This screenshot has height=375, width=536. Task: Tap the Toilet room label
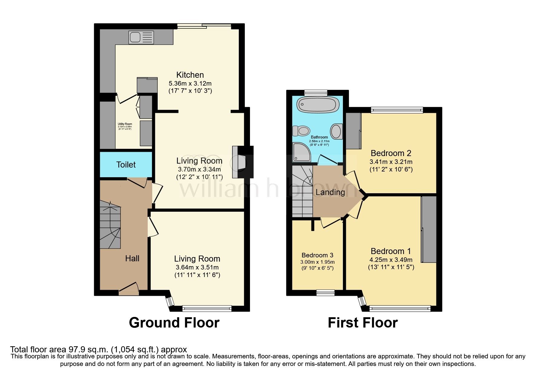pyautogui.click(x=126, y=165)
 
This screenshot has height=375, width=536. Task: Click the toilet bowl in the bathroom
pyautogui.click(x=301, y=131)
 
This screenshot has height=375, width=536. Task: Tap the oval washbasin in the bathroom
pyautogui.click(x=336, y=131)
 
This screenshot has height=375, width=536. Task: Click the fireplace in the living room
pyautogui.click(x=239, y=162)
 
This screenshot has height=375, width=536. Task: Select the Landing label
pyautogui.click(x=330, y=192)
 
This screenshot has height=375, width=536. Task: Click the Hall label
pyautogui.click(x=132, y=258)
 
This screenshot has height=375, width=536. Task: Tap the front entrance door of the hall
pyautogui.click(x=129, y=289)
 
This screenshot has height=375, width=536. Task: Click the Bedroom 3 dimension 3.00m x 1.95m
pyautogui.click(x=317, y=262)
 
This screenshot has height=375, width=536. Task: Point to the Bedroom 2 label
pyautogui.click(x=391, y=153)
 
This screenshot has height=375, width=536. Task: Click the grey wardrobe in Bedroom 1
pyautogui.click(x=429, y=229)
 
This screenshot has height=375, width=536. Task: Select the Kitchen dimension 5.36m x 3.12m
pyautogui.click(x=190, y=83)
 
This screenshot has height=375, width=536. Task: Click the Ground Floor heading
pyautogui.click(x=174, y=323)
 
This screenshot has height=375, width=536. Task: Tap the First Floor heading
pyautogui.click(x=363, y=323)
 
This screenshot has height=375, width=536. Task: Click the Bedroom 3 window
pyautogui.click(x=326, y=292)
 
